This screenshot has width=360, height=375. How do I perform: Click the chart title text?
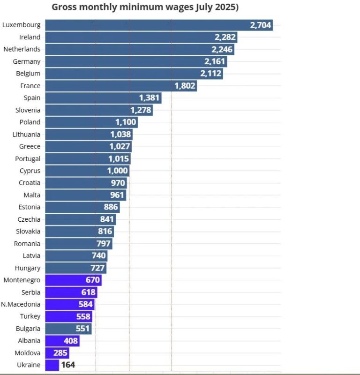145,7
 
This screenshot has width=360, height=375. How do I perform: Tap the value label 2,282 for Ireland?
225,37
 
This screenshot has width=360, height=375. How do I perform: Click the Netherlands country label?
22,49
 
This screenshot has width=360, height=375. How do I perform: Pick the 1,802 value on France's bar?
185,86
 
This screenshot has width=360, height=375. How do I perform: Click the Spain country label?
32,98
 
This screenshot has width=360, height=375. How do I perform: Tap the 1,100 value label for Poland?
126,122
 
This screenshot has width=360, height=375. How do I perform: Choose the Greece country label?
30,147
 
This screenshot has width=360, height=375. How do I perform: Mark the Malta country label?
32,195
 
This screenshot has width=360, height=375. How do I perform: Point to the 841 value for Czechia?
106,219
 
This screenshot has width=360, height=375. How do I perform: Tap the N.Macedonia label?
21,305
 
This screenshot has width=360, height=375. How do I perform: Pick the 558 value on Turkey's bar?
83,317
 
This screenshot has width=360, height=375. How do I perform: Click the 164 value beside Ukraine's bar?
68,365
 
